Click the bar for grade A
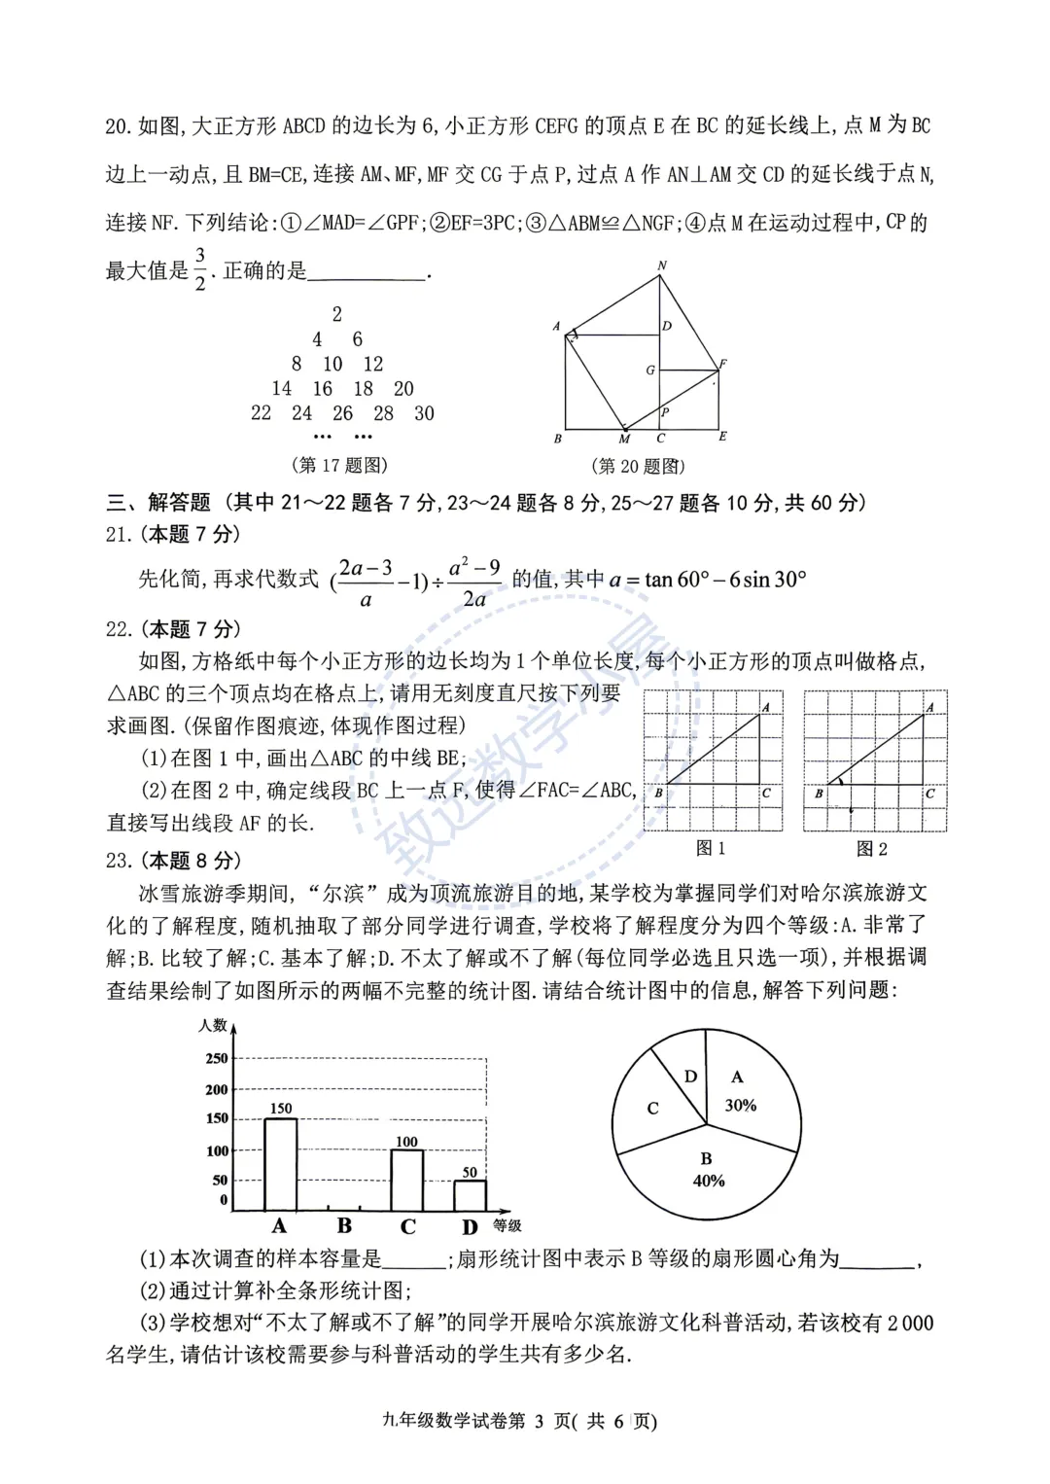281,1164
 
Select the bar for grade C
407,1180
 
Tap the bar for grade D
470,1195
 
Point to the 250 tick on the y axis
217,1058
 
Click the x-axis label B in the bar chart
344,1226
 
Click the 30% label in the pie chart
741,1106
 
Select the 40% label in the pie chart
709,1181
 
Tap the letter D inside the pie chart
690,1077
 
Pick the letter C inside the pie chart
652,1108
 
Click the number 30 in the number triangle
424,413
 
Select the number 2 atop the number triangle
337,314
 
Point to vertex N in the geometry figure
662,265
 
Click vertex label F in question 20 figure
722,364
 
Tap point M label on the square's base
624,440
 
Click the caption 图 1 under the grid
711,849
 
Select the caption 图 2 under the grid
871,849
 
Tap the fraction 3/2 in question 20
200,269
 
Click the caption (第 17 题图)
339,466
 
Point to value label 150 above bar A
280,1109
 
